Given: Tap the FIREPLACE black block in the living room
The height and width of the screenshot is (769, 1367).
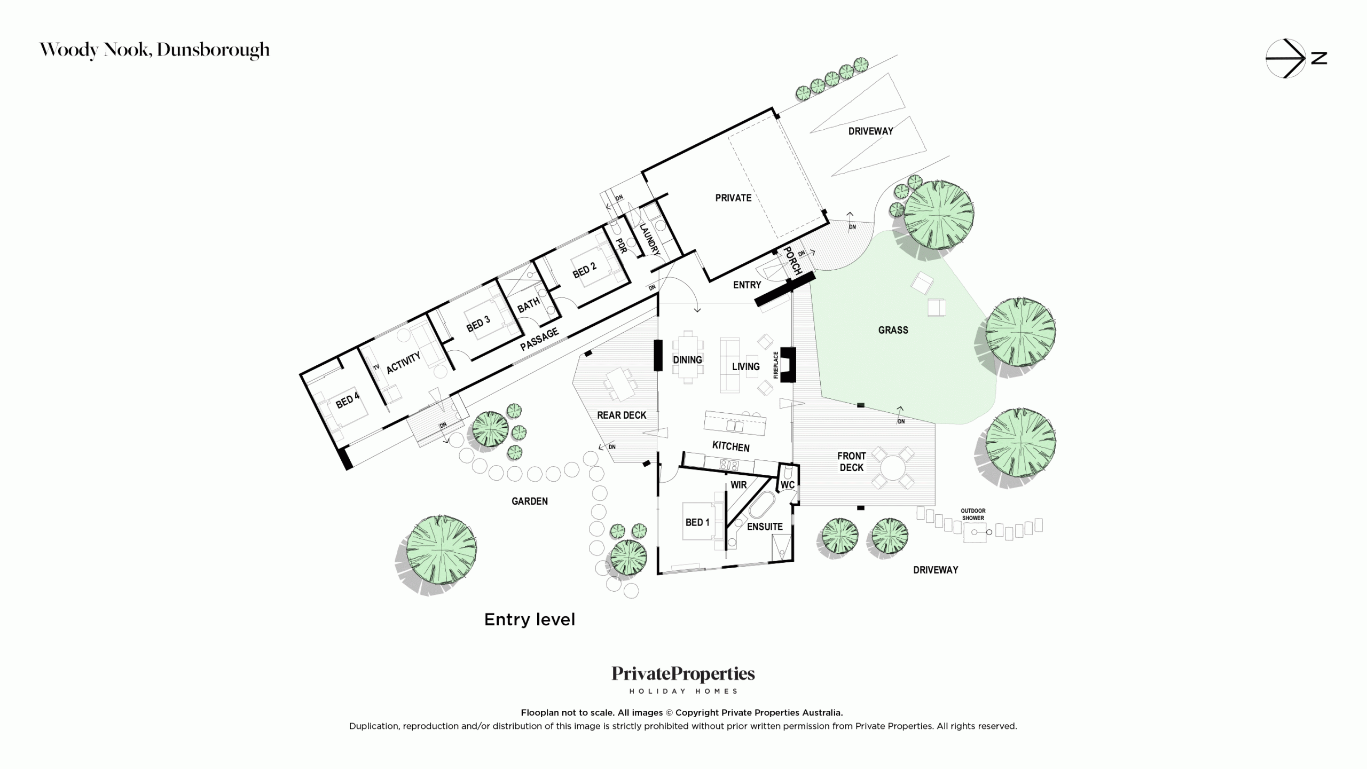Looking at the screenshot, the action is point(789,365).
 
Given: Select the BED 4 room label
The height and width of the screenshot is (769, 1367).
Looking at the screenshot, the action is point(348,401).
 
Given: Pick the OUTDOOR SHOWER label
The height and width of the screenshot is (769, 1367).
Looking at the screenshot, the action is point(973,514).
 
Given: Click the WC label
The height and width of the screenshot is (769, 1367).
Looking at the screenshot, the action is point(788,485).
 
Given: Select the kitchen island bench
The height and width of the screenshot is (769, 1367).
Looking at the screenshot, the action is point(735,423).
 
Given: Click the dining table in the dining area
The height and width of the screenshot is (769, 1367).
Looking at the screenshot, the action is point(687,357).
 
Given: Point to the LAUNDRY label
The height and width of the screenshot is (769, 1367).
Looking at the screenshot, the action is point(650,239).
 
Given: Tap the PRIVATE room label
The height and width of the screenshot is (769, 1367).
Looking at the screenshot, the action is point(733,198).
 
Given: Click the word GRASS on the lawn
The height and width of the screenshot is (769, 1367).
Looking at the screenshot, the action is point(893,330).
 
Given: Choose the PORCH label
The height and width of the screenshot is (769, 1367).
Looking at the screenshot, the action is point(792,261).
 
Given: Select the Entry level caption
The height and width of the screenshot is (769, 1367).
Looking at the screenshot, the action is point(530,619).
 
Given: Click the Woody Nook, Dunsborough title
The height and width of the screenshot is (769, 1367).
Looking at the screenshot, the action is point(155,50).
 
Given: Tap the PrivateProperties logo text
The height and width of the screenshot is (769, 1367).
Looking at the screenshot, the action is point(683,674).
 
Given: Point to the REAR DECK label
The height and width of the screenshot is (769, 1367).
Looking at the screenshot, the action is point(622,415).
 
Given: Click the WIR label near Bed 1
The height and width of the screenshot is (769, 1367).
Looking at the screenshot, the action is point(739,485).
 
